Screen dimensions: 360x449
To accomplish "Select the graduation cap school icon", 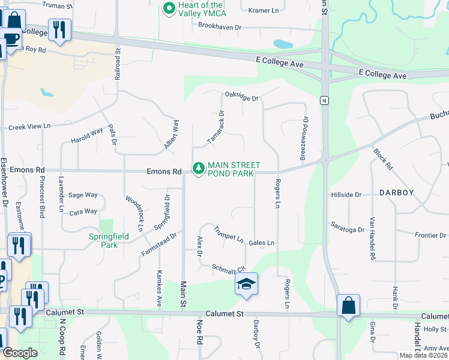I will pyautogui.click(x=246, y=284).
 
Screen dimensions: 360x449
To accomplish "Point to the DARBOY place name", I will pyautogui.click(x=396, y=193).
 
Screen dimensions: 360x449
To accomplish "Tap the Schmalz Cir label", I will pyautogui.click(x=229, y=268).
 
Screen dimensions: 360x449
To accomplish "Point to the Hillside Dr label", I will pyautogui.click(x=346, y=195).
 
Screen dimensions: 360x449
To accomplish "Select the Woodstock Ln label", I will pyautogui.click(x=134, y=213).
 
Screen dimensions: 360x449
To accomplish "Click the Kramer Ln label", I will pyautogui.click(x=264, y=10).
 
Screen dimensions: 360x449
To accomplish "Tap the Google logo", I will pyautogui.click(x=20, y=353).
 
